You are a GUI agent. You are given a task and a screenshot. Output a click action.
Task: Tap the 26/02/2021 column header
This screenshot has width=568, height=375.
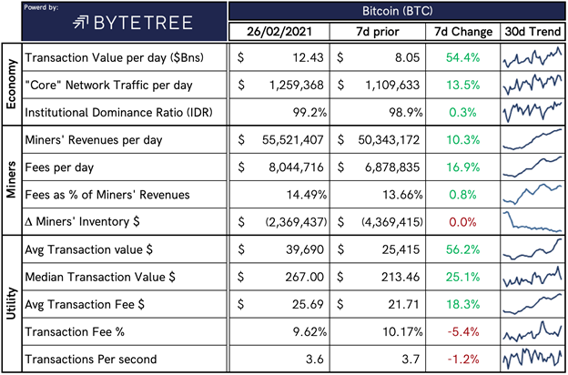click(x=279, y=32)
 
